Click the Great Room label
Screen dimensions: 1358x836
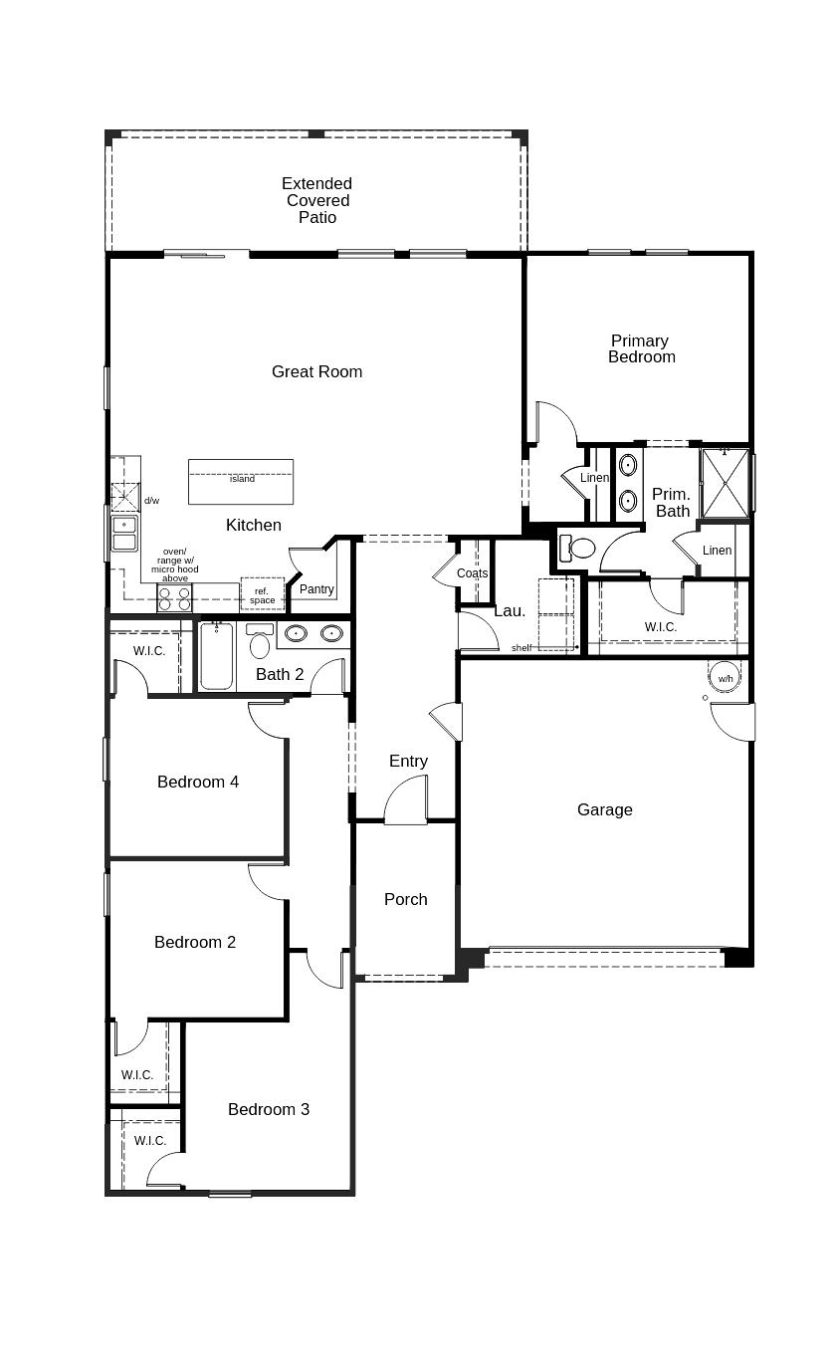pos(316,371)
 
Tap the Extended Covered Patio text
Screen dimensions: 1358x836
pos(316,200)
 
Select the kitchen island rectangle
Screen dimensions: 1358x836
pos(241,482)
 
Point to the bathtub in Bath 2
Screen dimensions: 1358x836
pos(216,656)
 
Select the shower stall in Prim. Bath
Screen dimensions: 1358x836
pos(725,484)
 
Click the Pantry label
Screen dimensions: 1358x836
pos(316,589)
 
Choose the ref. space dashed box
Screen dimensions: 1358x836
pos(263,595)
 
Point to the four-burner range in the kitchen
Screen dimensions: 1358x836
pos(174,598)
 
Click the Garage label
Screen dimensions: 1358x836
pos(604,809)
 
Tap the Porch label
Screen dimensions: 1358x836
pos(406,899)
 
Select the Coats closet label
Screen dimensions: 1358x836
pos(472,573)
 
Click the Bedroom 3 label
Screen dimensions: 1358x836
pos(268,1109)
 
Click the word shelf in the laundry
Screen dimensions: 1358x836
pos(522,648)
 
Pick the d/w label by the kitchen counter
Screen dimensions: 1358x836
pos(151,501)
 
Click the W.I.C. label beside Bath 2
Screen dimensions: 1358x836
pos(149,651)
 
